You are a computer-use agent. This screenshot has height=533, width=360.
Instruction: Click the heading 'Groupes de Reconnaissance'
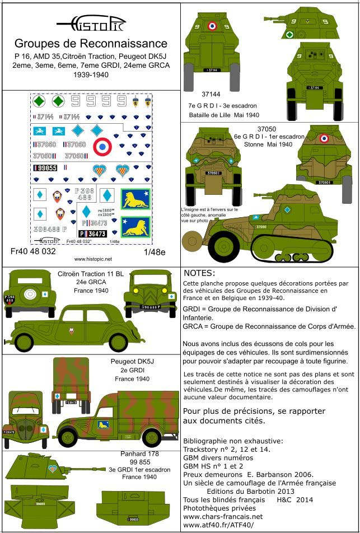tap(91, 43)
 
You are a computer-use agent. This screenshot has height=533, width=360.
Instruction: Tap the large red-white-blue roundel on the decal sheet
tap(103, 148)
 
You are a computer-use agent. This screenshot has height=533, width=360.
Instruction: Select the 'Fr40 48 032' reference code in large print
tap(34, 251)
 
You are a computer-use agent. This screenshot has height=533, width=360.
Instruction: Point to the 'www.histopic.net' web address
tap(93, 259)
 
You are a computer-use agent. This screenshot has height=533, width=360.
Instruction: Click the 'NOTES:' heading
tap(199, 273)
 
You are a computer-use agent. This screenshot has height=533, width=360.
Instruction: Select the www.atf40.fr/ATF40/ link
tap(218, 525)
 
